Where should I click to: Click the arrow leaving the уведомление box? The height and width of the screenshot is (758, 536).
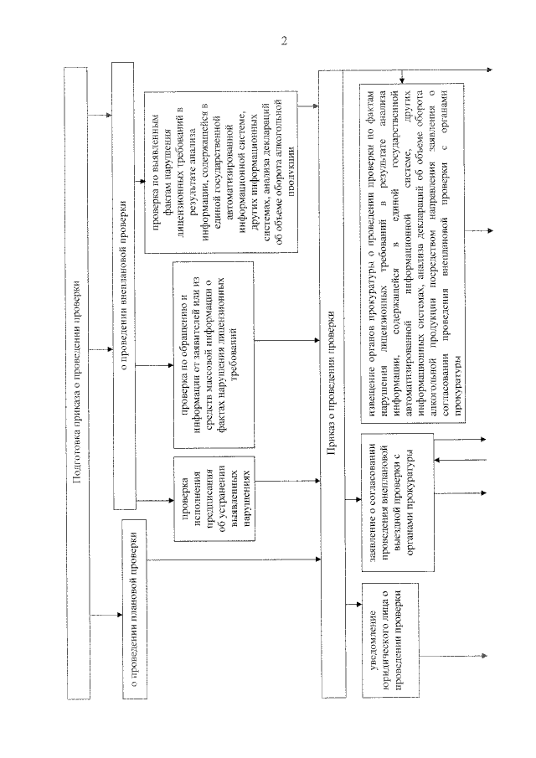[452, 657]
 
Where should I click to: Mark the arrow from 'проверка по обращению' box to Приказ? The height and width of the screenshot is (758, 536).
[285, 341]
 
